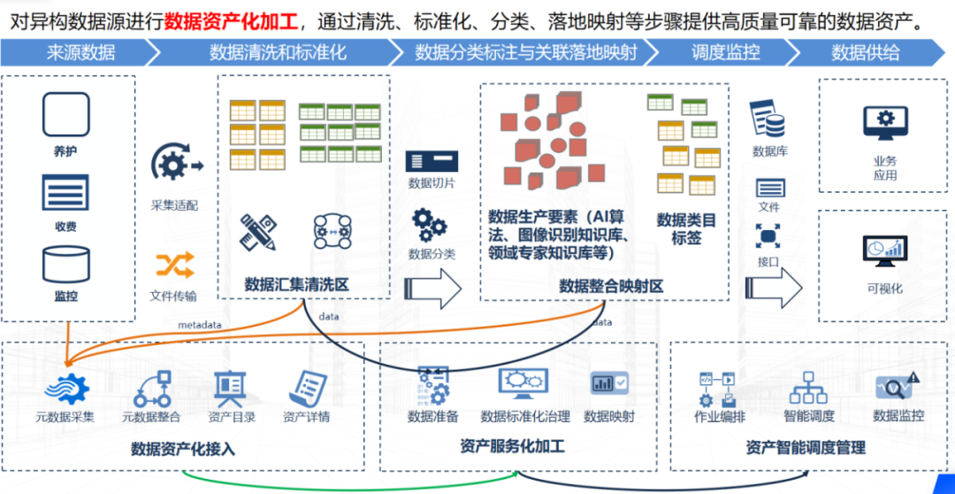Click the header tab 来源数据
pos(80,52)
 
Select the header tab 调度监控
pos(725,52)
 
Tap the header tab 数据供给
pos(865,52)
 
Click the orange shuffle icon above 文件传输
pos(174,265)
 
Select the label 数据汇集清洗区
pos(297,284)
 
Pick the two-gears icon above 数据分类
pos(431,225)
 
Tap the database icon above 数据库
pos(768,119)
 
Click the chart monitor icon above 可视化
pos(885,252)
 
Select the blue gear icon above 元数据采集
pos(68,387)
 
